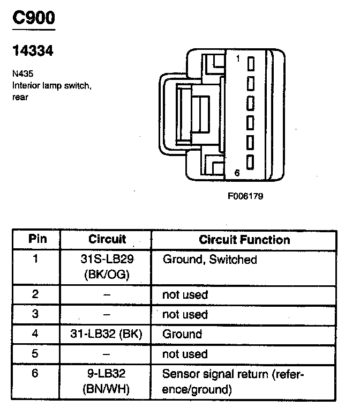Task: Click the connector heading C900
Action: coord(34,19)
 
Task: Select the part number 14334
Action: coord(33,52)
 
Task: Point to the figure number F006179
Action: coord(245,196)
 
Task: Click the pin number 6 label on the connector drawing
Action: coord(237,172)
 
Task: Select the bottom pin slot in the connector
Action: coord(250,161)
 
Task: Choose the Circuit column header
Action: coord(107,239)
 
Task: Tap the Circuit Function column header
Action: coord(244,240)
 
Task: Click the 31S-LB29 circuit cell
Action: coord(107,260)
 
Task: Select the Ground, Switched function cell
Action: coord(209,260)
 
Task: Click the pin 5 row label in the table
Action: coord(36,354)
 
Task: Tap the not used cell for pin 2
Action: coord(185,295)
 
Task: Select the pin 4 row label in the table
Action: coord(36,334)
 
